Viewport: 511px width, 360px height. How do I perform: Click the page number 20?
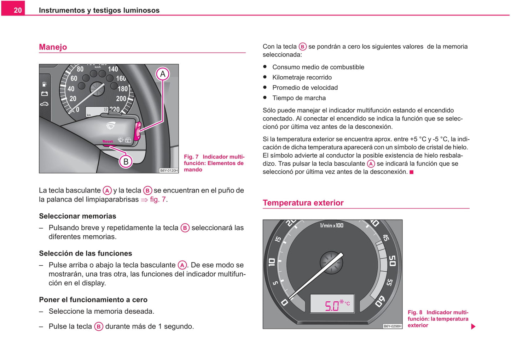coord(18,10)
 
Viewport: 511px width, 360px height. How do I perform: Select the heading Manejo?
coord(53,47)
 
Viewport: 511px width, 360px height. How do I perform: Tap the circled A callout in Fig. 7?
coord(163,74)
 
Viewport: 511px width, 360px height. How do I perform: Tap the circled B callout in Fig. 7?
coord(126,162)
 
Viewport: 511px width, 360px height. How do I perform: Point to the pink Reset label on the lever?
coord(108,141)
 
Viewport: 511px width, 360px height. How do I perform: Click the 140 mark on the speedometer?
coord(113,69)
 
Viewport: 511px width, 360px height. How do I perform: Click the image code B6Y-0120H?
coord(169,171)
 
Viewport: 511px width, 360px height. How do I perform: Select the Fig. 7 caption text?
coord(214,163)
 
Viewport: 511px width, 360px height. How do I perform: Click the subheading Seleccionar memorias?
coord(77,216)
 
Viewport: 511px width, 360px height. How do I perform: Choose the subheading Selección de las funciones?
coord(85,253)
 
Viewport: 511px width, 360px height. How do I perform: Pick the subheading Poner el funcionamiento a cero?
coord(93,300)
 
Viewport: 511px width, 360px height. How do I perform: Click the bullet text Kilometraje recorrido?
coord(302,77)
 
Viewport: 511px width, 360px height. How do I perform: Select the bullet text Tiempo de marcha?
coord(299,98)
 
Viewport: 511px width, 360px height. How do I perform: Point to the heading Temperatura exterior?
coord(303,203)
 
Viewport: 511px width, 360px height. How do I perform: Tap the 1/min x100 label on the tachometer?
coord(331,225)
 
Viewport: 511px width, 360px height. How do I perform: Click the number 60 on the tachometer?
coord(380,301)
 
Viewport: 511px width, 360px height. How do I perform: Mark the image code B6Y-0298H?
coord(393,326)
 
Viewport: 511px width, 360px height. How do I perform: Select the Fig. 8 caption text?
coord(438,319)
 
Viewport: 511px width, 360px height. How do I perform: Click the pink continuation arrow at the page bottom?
coord(473,326)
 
